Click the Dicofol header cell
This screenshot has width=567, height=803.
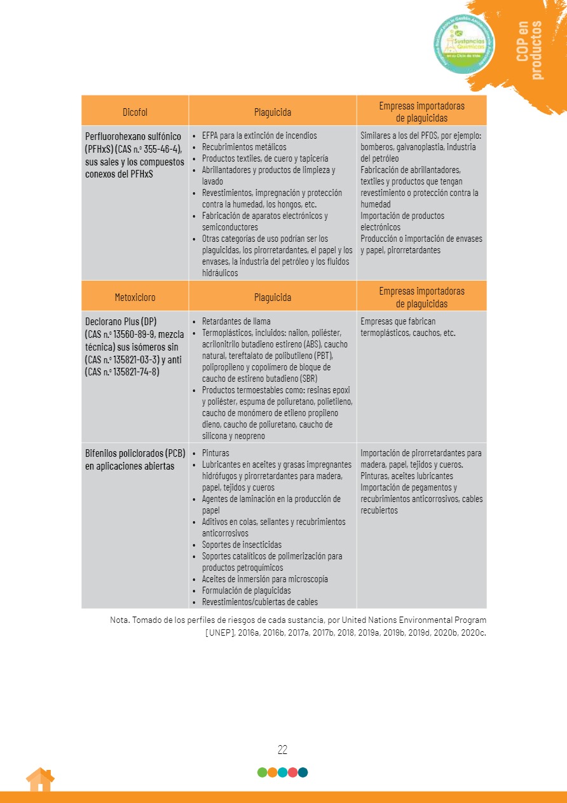tap(135, 112)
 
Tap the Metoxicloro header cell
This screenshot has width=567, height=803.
tap(135, 297)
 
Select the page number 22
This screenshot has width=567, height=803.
tap(283, 750)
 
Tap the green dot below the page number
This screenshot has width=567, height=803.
tap(263, 772)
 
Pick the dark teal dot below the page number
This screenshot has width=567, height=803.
tap(303, 772)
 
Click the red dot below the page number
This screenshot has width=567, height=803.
tap(293, 772)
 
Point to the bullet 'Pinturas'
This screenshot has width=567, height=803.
tap(215, 453)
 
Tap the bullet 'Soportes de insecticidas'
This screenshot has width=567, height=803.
tap(242, 545)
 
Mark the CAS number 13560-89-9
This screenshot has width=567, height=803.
tap(140, 334)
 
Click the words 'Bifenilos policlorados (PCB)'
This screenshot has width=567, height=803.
tap(135, 454)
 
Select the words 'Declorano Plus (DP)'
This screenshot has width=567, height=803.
tap(121, 321)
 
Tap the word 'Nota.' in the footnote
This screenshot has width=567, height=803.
tap(119, 619)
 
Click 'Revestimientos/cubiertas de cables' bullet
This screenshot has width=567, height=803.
tap(260, 602)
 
